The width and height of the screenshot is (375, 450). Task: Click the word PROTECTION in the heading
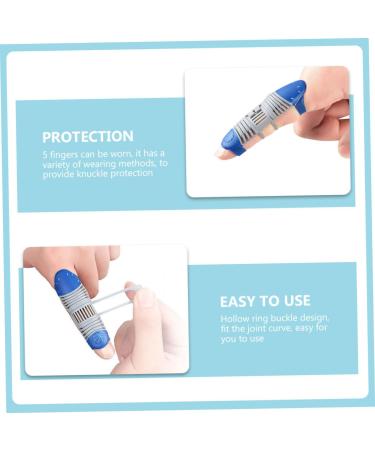(88, 136)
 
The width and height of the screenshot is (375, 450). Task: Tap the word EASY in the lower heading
(238, 301)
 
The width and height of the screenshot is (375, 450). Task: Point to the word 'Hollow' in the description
(233, 317)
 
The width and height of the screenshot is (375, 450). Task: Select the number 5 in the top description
(45, 153)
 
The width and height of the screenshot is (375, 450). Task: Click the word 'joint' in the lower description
(249, 327)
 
